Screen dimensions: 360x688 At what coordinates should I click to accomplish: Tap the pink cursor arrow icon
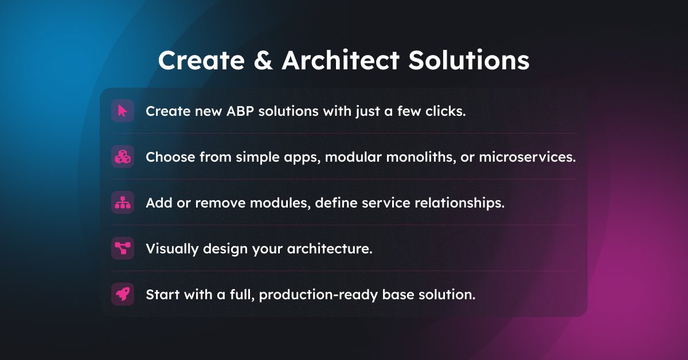(123, 111)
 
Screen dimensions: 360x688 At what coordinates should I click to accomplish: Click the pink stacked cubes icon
(123, 156)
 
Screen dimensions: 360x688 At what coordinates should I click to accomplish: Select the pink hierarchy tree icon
(123, 202)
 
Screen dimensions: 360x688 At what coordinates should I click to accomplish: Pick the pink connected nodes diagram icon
(123, 248)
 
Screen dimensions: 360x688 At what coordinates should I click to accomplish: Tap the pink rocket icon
(123, 294)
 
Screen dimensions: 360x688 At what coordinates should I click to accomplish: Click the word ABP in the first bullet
(239, 111)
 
